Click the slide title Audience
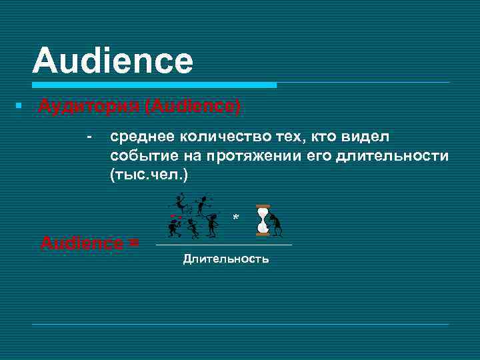[112, 61]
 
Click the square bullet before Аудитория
[22, 107]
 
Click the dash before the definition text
[88, 137]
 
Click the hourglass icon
[263, 220]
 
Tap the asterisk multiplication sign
[235, 218]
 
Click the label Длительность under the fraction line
[226, 259]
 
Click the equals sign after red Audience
[133, 243]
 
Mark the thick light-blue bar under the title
[154, 85]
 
